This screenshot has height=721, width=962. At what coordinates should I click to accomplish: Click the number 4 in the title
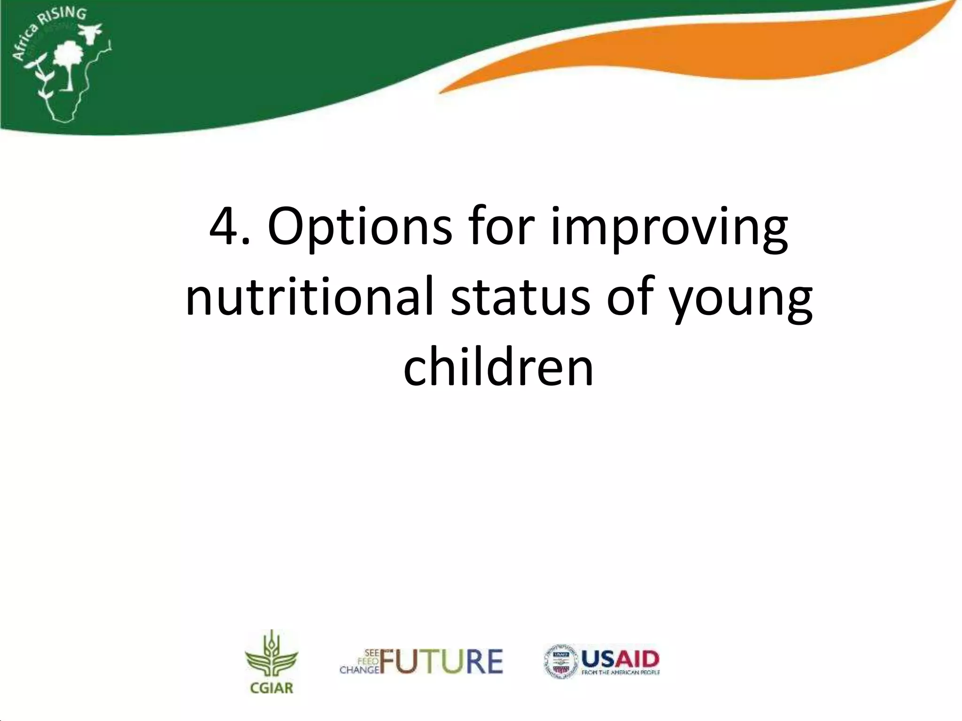click(x=225, y=227)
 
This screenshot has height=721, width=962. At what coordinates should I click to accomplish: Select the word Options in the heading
click(x=359, y=227)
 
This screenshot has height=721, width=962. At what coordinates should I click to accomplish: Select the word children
click(x=498, y=368)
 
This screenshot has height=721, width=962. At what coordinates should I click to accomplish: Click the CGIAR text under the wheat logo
click(x=272, y=688)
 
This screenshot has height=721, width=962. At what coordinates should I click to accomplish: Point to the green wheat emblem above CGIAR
click(x=272, y=655)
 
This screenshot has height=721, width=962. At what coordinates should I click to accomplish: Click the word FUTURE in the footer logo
click(x=442, y=662)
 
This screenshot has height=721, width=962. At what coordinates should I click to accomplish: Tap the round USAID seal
click(x=560, y=661)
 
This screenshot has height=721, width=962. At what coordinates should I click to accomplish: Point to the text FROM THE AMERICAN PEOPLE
click(x=621, y=673)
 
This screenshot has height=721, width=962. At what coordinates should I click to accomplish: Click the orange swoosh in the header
click(x=705, y=61)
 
